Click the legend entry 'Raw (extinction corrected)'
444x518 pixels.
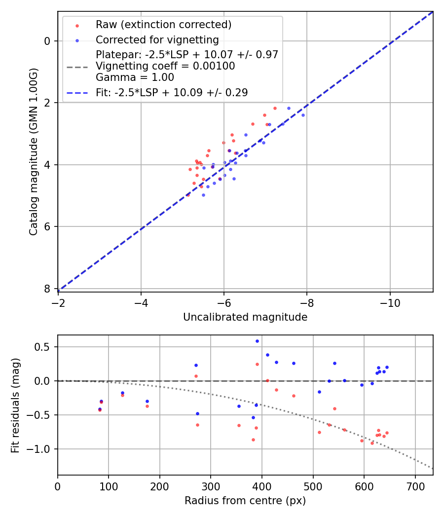pyautogui.click(x=163, y=25)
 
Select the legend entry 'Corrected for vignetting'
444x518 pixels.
pyautogui.click(x=157, y=39)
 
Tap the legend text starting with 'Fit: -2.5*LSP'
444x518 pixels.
pyautogui.click(x=172, y=92)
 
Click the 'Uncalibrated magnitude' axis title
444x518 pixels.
pyautogui.click(x=245, y=317)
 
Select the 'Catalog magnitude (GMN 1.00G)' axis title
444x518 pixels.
pyautogui.click(x=33, y=152)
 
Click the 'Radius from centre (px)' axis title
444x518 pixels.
pyautogui.click(x=245, y=501)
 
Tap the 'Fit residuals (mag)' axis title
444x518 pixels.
pyautogui.click(x=16, y=405)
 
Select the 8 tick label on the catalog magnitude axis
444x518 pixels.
pyautogui.click(x=48, y=289)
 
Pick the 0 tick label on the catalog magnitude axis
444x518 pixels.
pyautogui.click(x=48, y=41)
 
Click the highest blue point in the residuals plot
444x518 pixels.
pyautogui.click(x=257, y=341)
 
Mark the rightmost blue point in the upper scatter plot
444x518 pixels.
pyautogui.click(x=303, y=115)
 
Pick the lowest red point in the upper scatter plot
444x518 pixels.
pyautogui.click(x=188, y=195)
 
